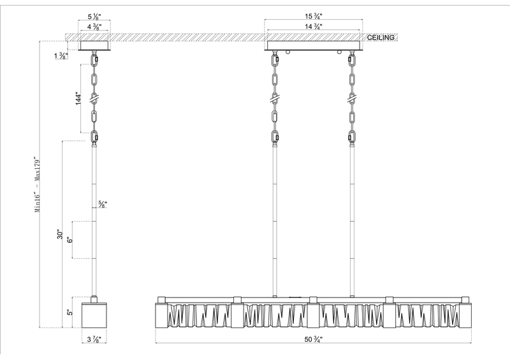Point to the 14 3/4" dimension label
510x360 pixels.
click(x=312, y=26)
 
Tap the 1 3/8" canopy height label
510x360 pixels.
click(x=62, y=57)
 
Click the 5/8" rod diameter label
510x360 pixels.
click(x=102, y=205)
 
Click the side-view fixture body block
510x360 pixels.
click(x=95, y=313)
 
